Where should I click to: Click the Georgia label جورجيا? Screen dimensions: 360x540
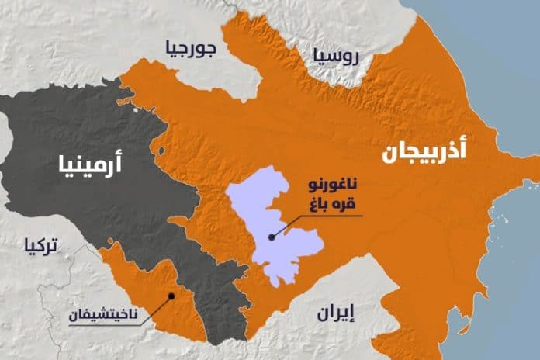[x=189, y=50]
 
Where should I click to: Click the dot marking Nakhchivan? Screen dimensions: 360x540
[x=172, y=294]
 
